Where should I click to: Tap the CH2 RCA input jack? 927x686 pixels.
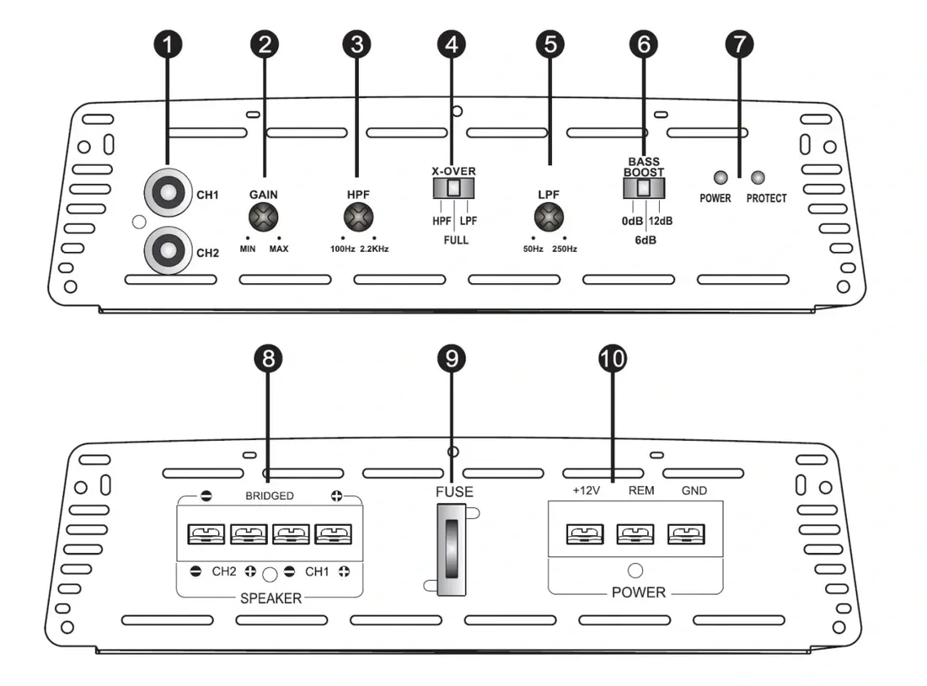coord(165,250)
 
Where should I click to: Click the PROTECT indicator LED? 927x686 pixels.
coord(758,178)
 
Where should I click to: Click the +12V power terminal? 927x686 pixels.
coord(580,534)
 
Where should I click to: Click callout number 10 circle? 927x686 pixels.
coord(613,359)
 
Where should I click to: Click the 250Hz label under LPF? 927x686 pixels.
coord(565,249)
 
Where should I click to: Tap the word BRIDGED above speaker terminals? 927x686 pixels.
coord(270,496)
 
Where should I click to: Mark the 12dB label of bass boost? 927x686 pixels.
coord(661,221)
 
